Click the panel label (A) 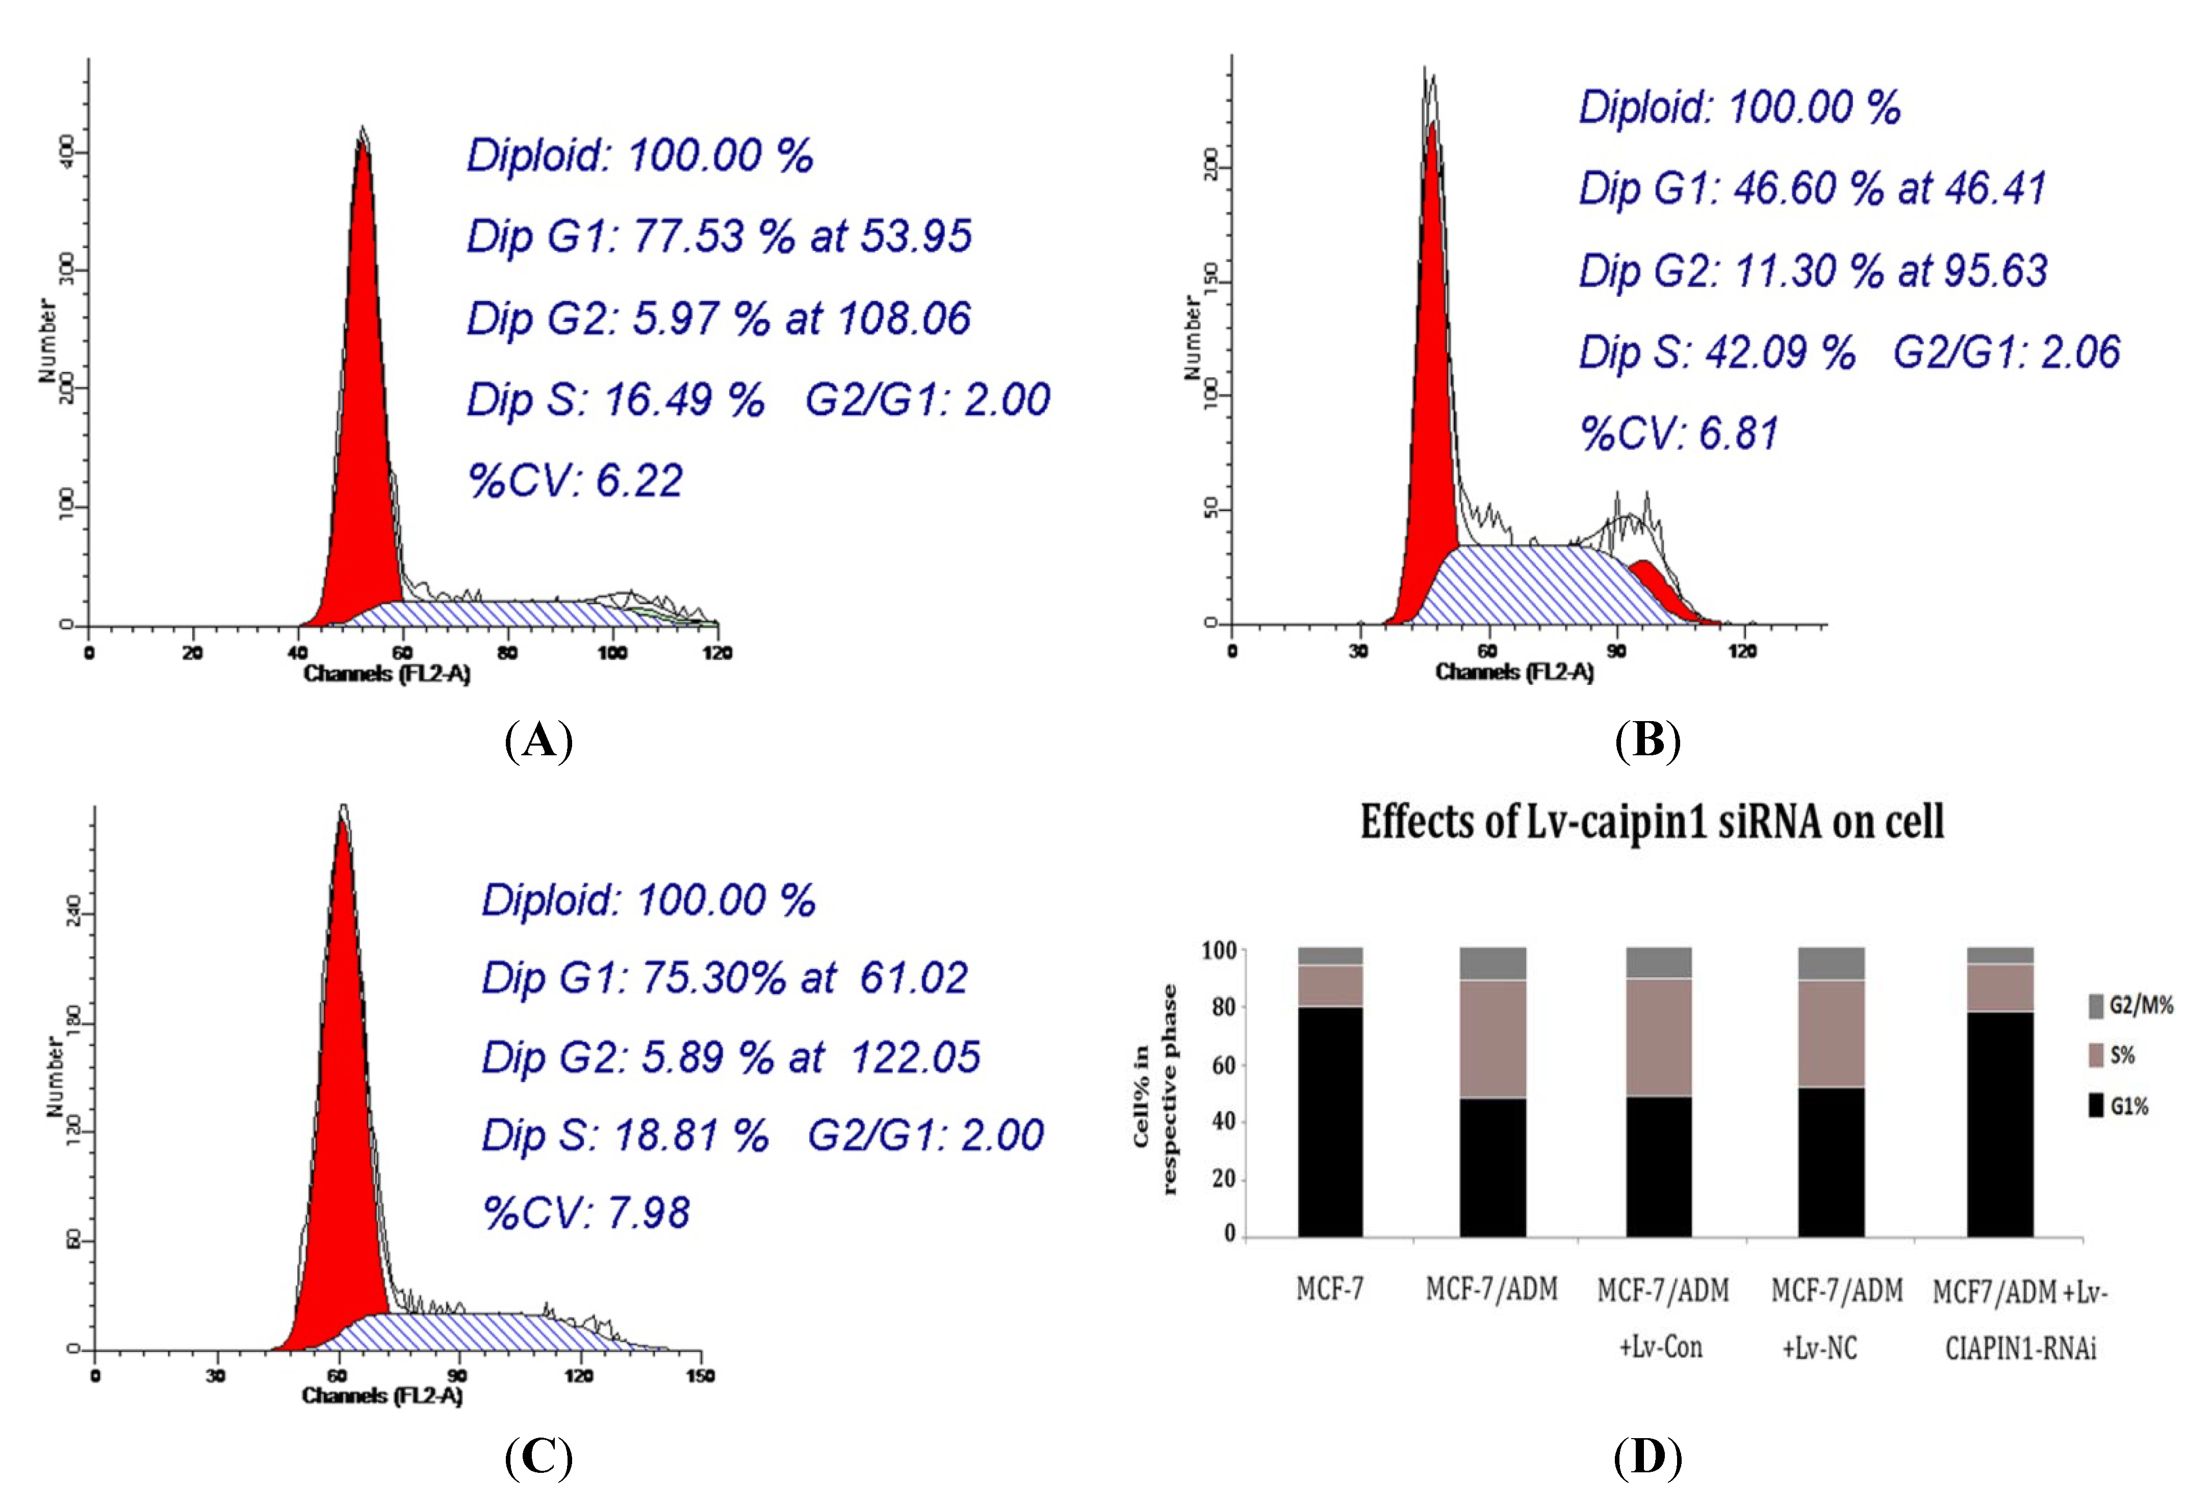tap(538, 741)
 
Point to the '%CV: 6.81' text tap(1679, 433)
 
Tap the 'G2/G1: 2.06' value tap(2006, 352)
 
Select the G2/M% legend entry tap(2130, 1005)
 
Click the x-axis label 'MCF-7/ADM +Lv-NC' tap(1836, 1318)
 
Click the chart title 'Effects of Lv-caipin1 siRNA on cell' tap(1652, 822)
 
